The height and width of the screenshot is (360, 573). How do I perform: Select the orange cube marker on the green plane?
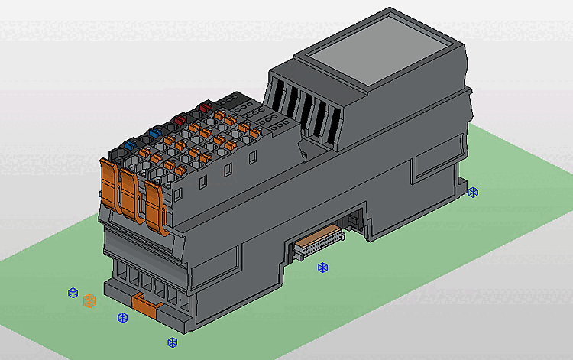[x=89, y=300]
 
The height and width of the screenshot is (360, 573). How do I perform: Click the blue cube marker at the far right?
[x=473, y=192]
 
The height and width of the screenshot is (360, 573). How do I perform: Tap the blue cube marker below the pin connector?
[x=322, y=268]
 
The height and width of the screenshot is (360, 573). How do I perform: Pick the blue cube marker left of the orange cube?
[x=73, y=293]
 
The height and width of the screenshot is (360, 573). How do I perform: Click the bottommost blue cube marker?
[x=172, y=342]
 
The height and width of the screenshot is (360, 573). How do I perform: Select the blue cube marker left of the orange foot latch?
[x=122, y=317]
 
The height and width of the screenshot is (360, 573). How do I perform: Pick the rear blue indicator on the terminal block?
[x=155, y=131]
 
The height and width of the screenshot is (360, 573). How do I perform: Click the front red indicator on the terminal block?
[x=179, y=119]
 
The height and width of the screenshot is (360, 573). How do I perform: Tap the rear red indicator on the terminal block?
[x=203, y=107]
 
